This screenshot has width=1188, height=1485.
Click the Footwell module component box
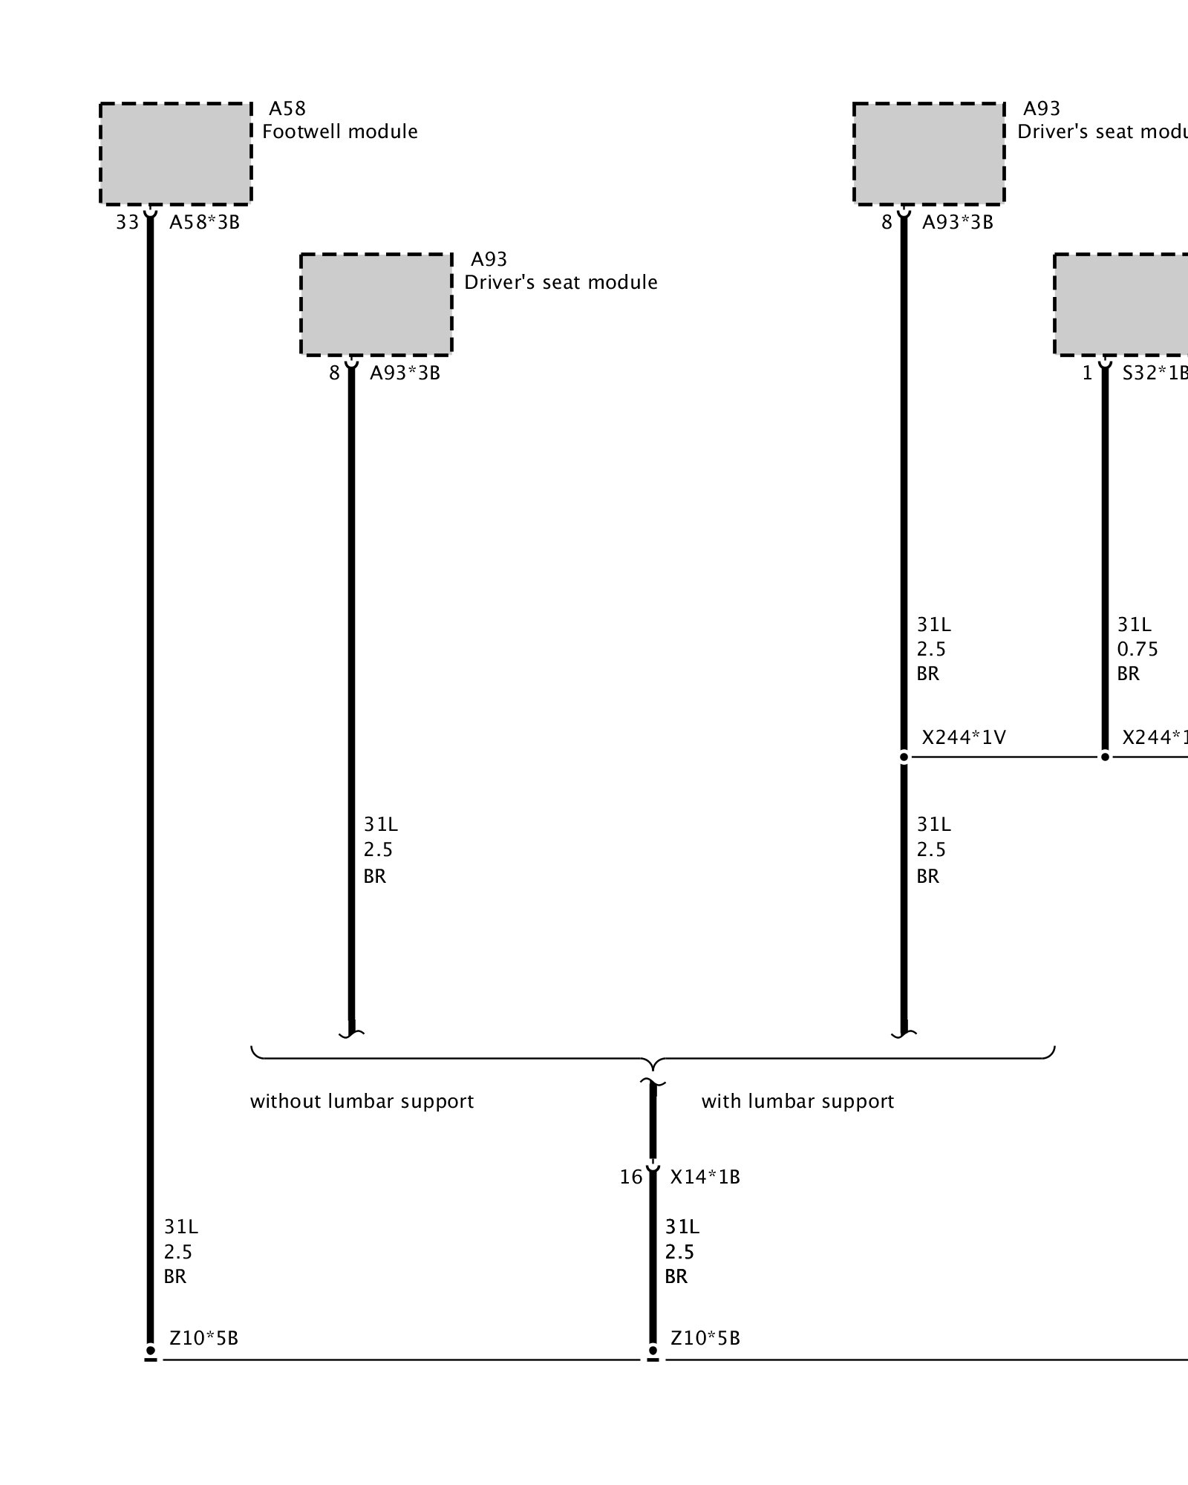(x=176, y=153)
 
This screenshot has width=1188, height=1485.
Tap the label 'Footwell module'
(x=340, y=132)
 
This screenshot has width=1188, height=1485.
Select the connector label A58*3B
(x=205, y=222)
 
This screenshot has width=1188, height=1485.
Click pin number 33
(x=127, y=222)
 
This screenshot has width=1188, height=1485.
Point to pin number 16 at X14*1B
(x=631, y=1177)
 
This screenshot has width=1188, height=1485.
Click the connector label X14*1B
(x=705, y=1177)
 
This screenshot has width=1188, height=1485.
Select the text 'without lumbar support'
(x=362, y=1101)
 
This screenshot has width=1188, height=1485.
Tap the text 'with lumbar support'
(x=797, y=1101)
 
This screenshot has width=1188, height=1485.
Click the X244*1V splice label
(x=964, y=737)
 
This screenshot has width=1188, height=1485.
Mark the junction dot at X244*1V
(x=904, y=757)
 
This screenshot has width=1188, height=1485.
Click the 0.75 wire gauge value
(x=1138, y=650)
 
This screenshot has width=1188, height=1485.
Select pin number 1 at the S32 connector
(x=1087, y=373)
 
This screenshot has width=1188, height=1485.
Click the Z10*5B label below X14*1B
(x=705, y=1338)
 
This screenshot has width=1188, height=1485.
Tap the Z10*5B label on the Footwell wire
(x=204, y=1338)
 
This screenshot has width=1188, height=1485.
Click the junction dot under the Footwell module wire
(x=151, y=1351)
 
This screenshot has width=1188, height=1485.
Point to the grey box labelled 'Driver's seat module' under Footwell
(x=376, y=304)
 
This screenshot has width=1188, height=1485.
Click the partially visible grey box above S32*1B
(x=1121, y=304)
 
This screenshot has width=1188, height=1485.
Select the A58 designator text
(x=287, y=109)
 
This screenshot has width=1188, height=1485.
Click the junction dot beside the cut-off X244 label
(x=1105, y=757)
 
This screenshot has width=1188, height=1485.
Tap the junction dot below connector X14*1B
(x=653, y=1351)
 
